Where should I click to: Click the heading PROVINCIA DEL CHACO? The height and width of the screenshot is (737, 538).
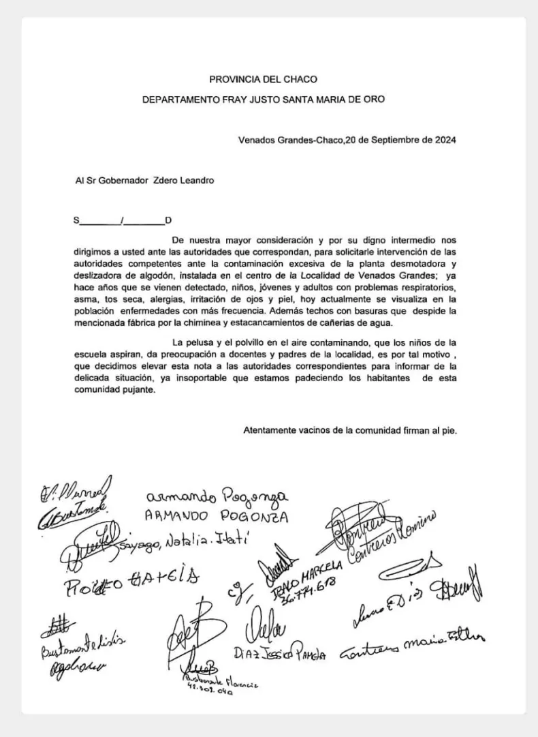pyautogui.click(x=263, y=79)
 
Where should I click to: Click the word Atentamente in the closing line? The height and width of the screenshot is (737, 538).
pyautogui.click(x=270, y=430)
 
